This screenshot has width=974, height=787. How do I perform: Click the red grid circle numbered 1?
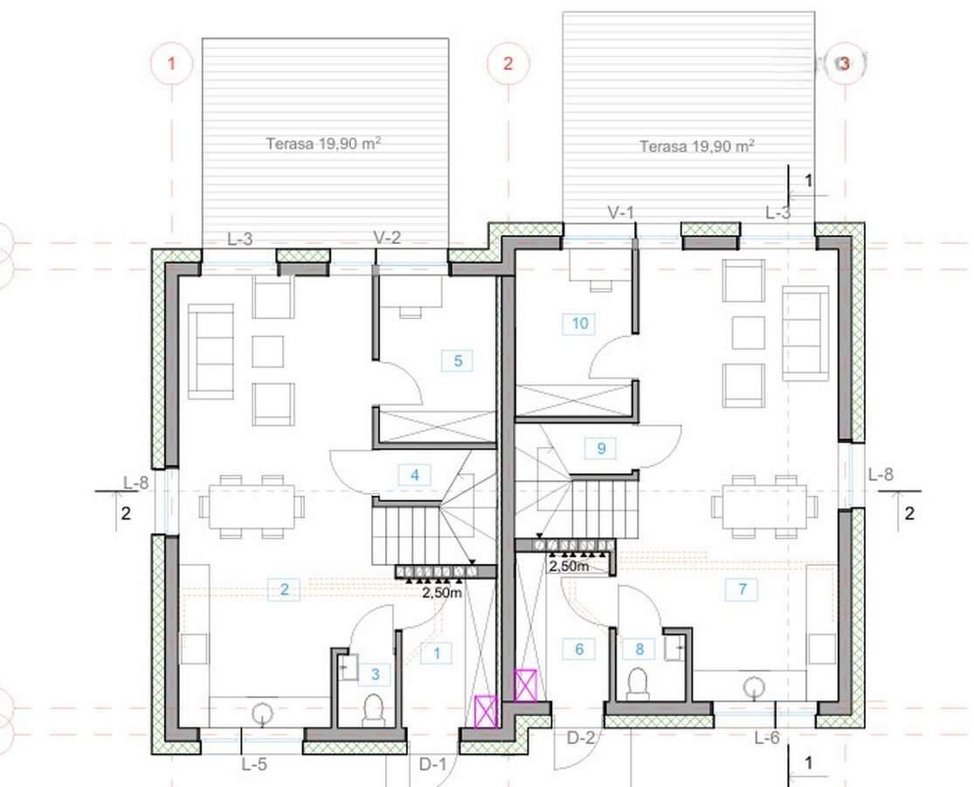tap(171, 64)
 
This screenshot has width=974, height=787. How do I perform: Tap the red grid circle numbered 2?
tap(508, 64)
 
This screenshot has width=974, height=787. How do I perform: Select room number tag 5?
tap(459, 360)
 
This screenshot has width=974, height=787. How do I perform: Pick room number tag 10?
tap(579, 324)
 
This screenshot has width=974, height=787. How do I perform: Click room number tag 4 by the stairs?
tap(414, 475)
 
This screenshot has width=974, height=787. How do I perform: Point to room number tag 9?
tap(601, 449)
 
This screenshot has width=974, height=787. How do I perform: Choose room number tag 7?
tap(743, 589)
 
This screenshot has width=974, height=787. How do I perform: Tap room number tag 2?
tap(285, 589)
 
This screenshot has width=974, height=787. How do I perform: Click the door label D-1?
tap(432, 764)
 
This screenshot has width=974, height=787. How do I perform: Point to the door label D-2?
tap(581, 738)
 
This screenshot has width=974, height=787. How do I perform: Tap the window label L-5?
tap(254, 764)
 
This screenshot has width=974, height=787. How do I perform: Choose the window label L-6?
tap(766, 738)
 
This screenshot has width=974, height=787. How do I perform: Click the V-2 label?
tap(387, 237)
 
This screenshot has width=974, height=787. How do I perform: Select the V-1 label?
tap(620, 212)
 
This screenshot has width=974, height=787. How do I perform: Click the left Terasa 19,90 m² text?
tap(323, 143)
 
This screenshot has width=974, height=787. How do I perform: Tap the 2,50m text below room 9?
tap(569, 567)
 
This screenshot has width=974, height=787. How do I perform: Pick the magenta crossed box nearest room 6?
tap(526, 685)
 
